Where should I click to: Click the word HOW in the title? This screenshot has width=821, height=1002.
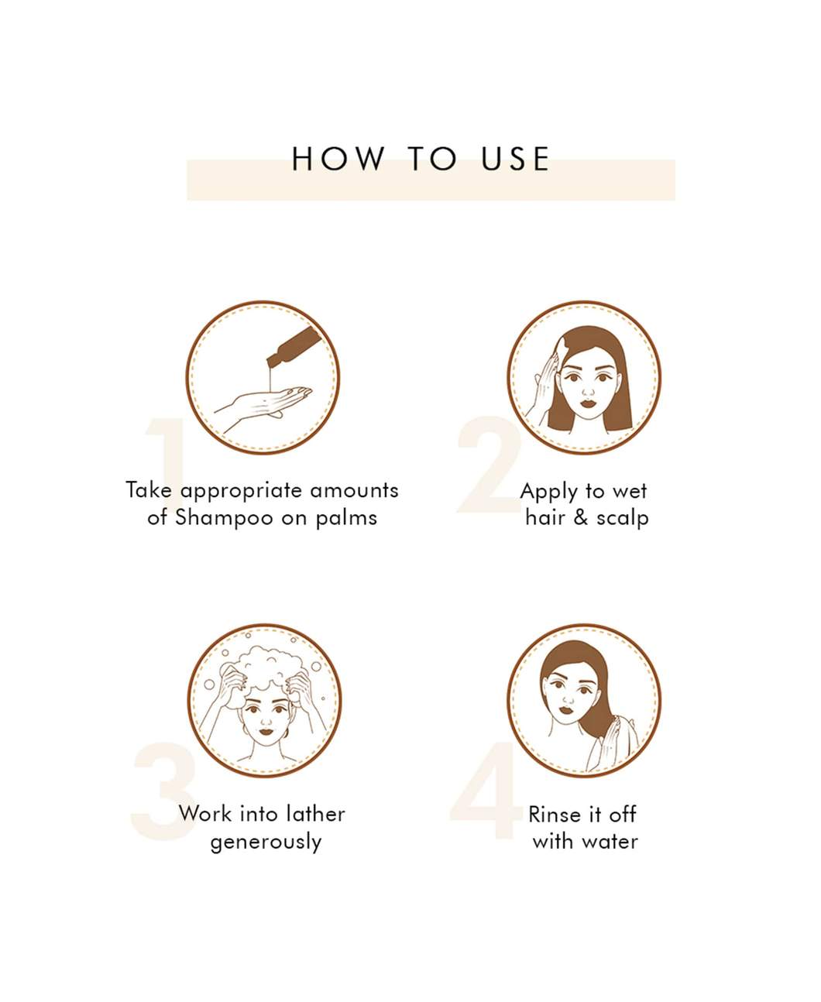pyautogui.click(x=338, y=158)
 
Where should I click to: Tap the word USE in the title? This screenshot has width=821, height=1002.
pyautogui.click(x=516, y=158)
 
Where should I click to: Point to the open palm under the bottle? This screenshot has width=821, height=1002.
pyautogui.click(x=263, y=404)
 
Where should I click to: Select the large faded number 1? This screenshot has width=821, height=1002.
pyautogui.click(x=165, y=463)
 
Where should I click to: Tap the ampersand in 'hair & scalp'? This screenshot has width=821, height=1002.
pyautogui.click(x=581, y=518)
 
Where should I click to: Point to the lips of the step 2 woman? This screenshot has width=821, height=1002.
pyautogui.click(x=588, y=403)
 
